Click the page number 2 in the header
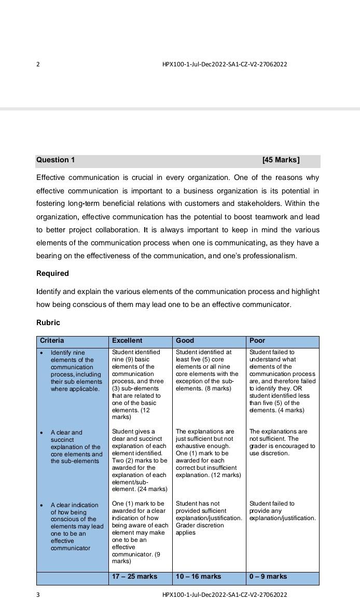tap(38, 64)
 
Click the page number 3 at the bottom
tap(38, 595)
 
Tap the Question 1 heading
tap(56, 160)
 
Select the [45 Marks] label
tap(281, 160)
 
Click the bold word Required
tap(52, 273)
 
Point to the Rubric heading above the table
tap(48, 323)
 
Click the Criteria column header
tap(52, 341)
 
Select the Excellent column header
tap(127, 341)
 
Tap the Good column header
tap(185, 341)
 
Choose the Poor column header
tap(257, 341)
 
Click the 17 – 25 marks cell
tap(134, 577)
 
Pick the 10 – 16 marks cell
tap(198, 577)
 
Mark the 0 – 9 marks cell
tap(268, 577)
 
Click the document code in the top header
tap(225, 64)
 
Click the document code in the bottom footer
tap(225, 595)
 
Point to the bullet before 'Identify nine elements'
tap(41, 353)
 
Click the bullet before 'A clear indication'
tap(41, 505)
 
